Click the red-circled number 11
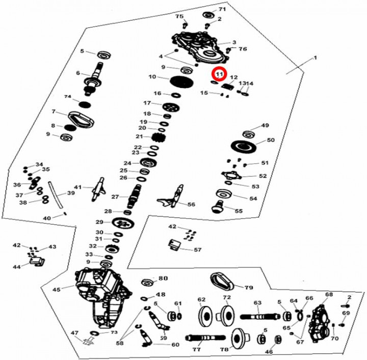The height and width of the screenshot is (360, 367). tap(219, 74)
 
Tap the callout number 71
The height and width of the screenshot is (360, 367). tap(222, 10)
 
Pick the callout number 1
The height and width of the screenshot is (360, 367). tap(315, 59)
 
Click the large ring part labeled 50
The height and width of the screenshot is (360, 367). tap(247, 146)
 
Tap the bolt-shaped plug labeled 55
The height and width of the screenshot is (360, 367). tap(218, 206)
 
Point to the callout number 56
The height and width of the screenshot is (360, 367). tap(191, 204)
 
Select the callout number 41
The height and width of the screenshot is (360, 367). tap(78, 187)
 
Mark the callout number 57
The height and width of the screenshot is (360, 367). tap(197, 250)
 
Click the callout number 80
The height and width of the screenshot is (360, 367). tap(163, 279)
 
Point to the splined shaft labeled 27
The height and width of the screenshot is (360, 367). tap(136, 196)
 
